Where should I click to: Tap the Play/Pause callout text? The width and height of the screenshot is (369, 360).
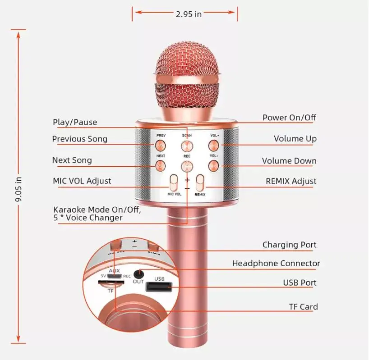pyautogui.click(x=74, y=122)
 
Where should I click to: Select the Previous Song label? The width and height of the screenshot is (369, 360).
pyautogui.click(x=80, y=139)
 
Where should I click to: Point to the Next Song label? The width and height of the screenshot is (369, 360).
pyautogui.click(x=72, y=160)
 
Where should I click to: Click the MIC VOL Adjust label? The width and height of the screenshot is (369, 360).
pyautogui.click(x=82, y=181)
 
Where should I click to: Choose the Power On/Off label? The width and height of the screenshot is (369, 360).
pyautogui.click(x=289, y=118)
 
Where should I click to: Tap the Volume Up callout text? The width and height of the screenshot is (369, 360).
pyautogui.click(x=295, y=139)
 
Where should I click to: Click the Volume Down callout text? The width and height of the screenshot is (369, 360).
pyautogui.click(x=289, y=161)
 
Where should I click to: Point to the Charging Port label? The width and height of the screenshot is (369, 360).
pyautogui.click(x=289, y=245)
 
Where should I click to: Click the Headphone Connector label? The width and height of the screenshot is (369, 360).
pyautogui.click(x=276, y=263)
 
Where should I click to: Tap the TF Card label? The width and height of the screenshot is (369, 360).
pyautogui.click(x=303, y=307)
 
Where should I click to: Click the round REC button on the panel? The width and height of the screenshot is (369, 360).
pyautogui.click(x=186, y=166)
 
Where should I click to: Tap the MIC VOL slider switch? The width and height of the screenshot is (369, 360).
pyautogui.click(x=174, y=183)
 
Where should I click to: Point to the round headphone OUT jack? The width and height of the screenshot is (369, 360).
pyautogui.click(x=138, y=273)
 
